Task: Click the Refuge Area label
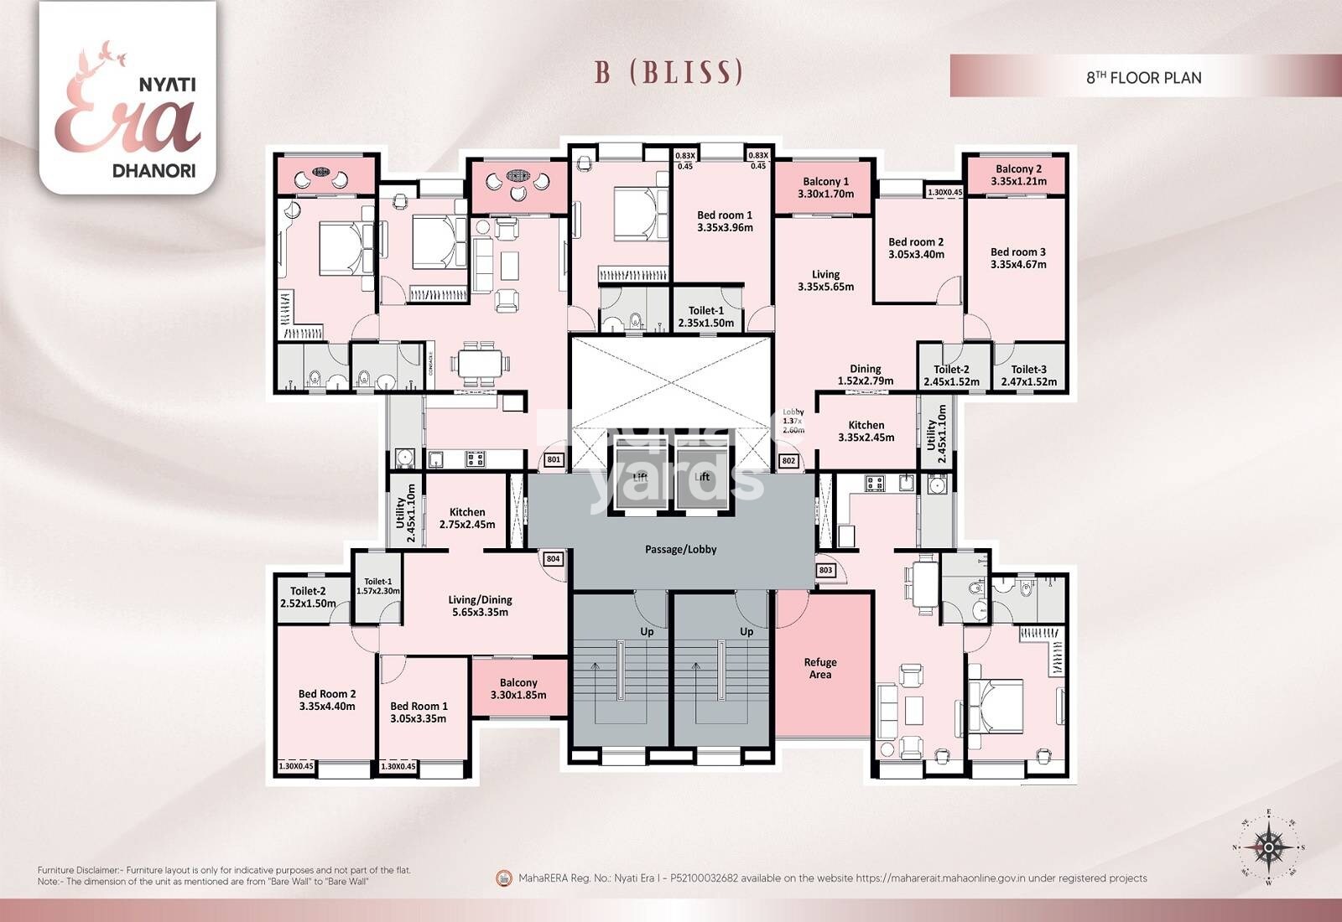820,668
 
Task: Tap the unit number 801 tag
553,460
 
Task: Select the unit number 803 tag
825,570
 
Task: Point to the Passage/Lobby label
680,549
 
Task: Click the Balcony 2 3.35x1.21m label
1018,174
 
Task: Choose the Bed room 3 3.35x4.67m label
1017,257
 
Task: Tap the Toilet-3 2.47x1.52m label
1028,375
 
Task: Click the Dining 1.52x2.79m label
865,375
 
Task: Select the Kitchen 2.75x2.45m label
467,518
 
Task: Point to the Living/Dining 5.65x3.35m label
480,605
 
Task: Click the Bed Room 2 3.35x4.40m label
327,700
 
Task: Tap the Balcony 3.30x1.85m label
518,688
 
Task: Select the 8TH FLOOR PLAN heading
1143,77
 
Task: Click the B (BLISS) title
668,72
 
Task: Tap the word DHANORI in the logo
154,170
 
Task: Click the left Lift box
642,475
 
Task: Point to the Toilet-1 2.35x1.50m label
705,317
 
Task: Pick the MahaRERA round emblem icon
504,878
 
